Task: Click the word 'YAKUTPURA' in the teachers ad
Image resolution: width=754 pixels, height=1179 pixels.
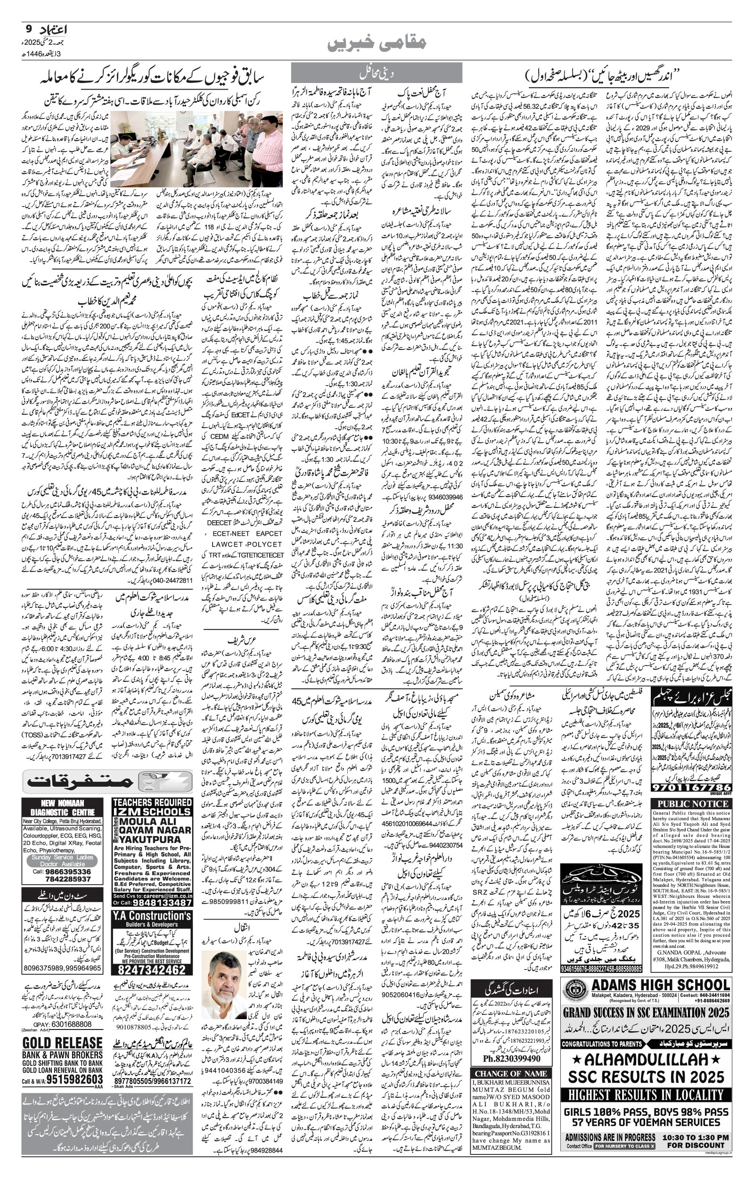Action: pos(152,839)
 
